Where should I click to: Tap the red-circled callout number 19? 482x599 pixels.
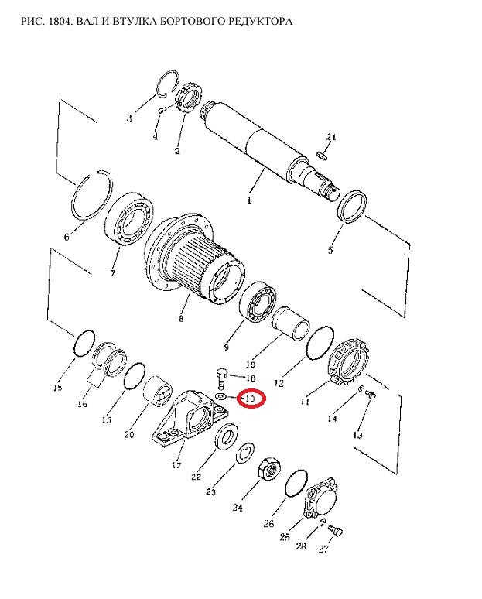[250, 399]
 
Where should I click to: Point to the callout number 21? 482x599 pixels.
[331, 137]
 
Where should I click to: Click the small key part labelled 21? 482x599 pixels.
[322, 155]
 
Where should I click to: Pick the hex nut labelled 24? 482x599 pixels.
[271, 469]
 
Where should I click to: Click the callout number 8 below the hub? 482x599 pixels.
[181, 318]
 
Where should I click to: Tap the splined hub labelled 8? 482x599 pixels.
[195, 259]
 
